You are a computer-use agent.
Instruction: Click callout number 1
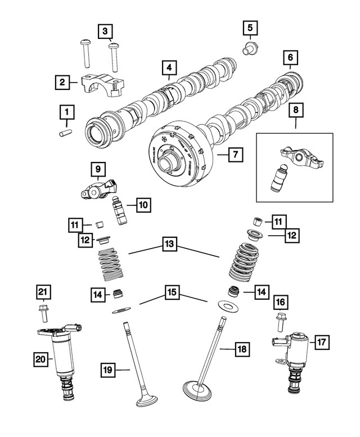click(67, 113)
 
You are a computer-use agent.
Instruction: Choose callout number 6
click(290, 58)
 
